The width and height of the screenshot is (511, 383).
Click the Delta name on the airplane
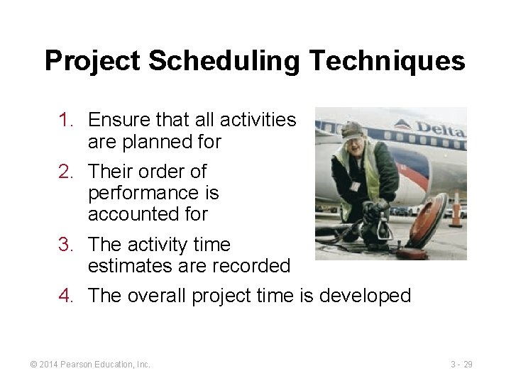tap(441, 130)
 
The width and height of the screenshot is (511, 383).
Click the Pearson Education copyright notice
tap(90, 364)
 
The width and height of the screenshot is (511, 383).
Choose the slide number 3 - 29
tap(461, 364)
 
